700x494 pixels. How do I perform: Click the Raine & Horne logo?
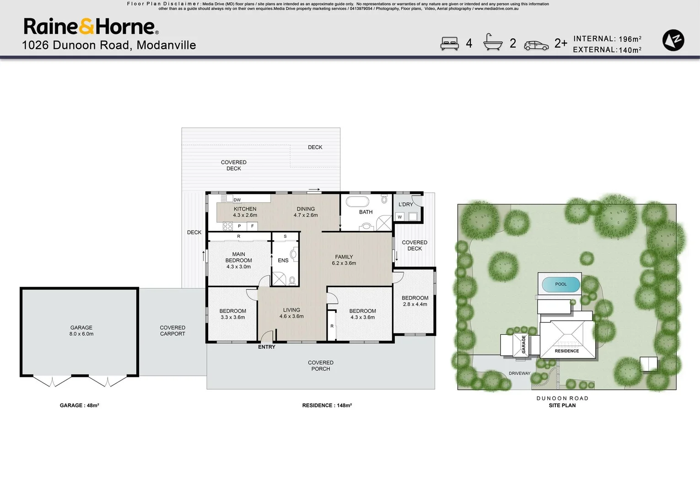point(91,27)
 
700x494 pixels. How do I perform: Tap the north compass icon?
point(673,40)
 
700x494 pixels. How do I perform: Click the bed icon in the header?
point(449,43)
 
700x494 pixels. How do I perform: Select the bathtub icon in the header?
point(493,42)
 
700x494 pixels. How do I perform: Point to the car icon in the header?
point(536,45)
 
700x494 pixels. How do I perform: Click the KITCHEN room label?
point(245,212)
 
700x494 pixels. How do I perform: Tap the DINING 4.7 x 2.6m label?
point(306,212)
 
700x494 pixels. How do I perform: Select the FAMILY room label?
point(344,260)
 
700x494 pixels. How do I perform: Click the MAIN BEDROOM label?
point(238,260)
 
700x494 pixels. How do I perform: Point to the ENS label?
point(283,260)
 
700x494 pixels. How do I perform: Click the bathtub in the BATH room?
point(357,201)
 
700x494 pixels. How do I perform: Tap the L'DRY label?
point(405,204)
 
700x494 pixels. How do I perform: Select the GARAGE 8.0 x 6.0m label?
point(81,331)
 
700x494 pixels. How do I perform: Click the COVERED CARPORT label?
point(172,331)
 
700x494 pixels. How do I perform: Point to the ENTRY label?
point(267,347)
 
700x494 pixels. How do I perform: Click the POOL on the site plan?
point(561,285)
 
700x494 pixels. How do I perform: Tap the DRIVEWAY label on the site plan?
point(519,373)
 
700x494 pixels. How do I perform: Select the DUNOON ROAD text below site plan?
point(562,398)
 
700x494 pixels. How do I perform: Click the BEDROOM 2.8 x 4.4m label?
point(415,301)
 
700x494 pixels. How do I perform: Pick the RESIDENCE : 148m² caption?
point(327,405)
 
